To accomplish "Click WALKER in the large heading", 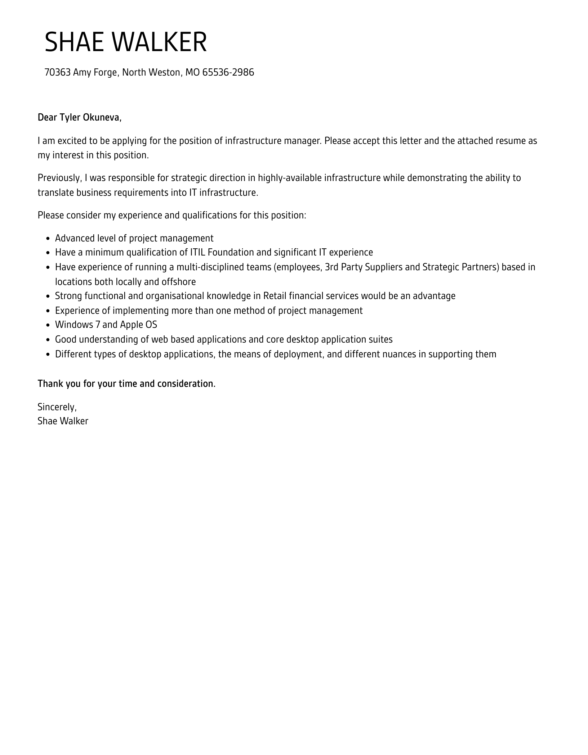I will [x=159, y=42].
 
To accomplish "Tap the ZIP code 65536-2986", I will [x=228, y=72].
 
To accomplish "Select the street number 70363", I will [x=57, y=72].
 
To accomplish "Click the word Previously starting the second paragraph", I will [x=60, y=178].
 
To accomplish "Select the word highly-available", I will [x=290, y=178].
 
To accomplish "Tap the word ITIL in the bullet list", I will [x=197, y=252].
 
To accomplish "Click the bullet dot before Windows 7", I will [x=48, y=325].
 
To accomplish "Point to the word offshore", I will [x=178, y=282].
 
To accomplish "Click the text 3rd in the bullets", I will [x=331, y=267].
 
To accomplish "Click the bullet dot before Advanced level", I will [x=48, y=239].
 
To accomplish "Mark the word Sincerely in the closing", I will [x=57, y=407].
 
